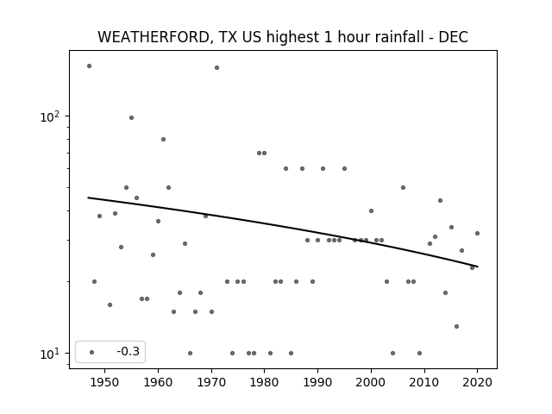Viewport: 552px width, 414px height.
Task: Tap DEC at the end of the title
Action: pos(453,37)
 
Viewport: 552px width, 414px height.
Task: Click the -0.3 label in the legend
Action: pos(129,351)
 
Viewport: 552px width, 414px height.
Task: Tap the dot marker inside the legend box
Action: pos(92,352)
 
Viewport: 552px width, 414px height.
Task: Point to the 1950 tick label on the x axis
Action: pos(104,382)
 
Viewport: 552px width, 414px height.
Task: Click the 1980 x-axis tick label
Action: pos(265,382)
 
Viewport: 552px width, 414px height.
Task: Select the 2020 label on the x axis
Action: pos(477,382)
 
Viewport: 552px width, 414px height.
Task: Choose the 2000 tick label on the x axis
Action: pos(371,382)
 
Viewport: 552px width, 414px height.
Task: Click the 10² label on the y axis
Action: pos(50,116)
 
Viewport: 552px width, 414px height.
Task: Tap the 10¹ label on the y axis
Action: pos(50,354)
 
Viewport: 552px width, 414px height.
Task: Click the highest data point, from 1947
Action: pos(89,66)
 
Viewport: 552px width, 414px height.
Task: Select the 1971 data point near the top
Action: pos(216,67)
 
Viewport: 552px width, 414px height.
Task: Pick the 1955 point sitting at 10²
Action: pos(131,117)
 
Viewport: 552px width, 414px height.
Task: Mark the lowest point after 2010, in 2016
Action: pos(456,326)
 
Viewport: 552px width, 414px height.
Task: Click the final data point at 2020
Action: pos(477,233)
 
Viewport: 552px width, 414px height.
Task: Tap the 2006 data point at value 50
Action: pos(403,188)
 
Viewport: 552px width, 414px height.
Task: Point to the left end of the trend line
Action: pos(88,198)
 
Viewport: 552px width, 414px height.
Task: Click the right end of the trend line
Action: pos(478,267)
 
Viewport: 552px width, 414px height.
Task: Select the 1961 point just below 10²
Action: pos(163,140)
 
